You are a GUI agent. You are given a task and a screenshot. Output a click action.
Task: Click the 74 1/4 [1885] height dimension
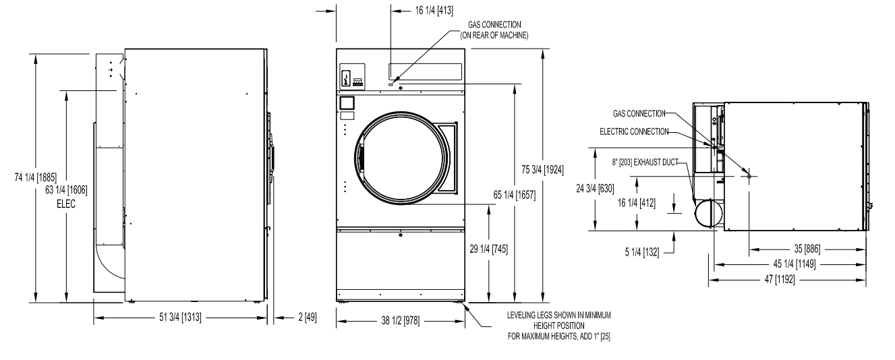(36, 177)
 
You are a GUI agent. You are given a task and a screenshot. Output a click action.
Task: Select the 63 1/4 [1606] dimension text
(66, 190)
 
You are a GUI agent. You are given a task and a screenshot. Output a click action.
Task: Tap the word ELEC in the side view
(66, 204)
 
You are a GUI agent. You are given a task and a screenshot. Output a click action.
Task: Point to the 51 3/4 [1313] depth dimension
(180, 318)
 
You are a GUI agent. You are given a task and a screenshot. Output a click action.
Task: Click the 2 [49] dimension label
(308, 318)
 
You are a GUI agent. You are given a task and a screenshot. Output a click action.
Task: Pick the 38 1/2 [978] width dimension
(401, 320)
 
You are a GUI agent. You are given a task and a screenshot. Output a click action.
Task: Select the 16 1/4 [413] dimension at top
(434, 10)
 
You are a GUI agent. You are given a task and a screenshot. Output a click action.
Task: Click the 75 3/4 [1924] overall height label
(542, 170)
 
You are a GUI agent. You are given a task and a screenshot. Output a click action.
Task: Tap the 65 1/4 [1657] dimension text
(515, 195)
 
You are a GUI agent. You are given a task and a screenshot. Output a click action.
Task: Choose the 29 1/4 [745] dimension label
(489, 249)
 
